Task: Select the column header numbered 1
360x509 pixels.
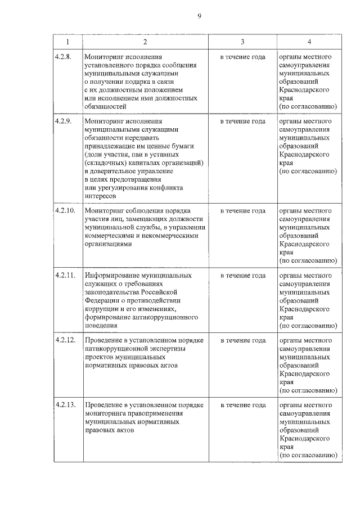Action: [67, 42]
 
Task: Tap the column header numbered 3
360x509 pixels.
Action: [242, 42]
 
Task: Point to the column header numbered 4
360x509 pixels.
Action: [309, 42]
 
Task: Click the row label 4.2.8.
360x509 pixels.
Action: [63, 57]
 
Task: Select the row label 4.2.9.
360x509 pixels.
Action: [63, 121]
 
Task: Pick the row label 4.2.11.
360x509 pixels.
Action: [65, 276]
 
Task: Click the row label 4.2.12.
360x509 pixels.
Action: [65, 341]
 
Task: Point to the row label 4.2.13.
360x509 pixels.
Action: [65, 405]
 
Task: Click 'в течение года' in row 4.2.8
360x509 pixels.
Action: [242, 57]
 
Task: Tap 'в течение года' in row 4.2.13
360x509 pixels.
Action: [242, 405]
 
